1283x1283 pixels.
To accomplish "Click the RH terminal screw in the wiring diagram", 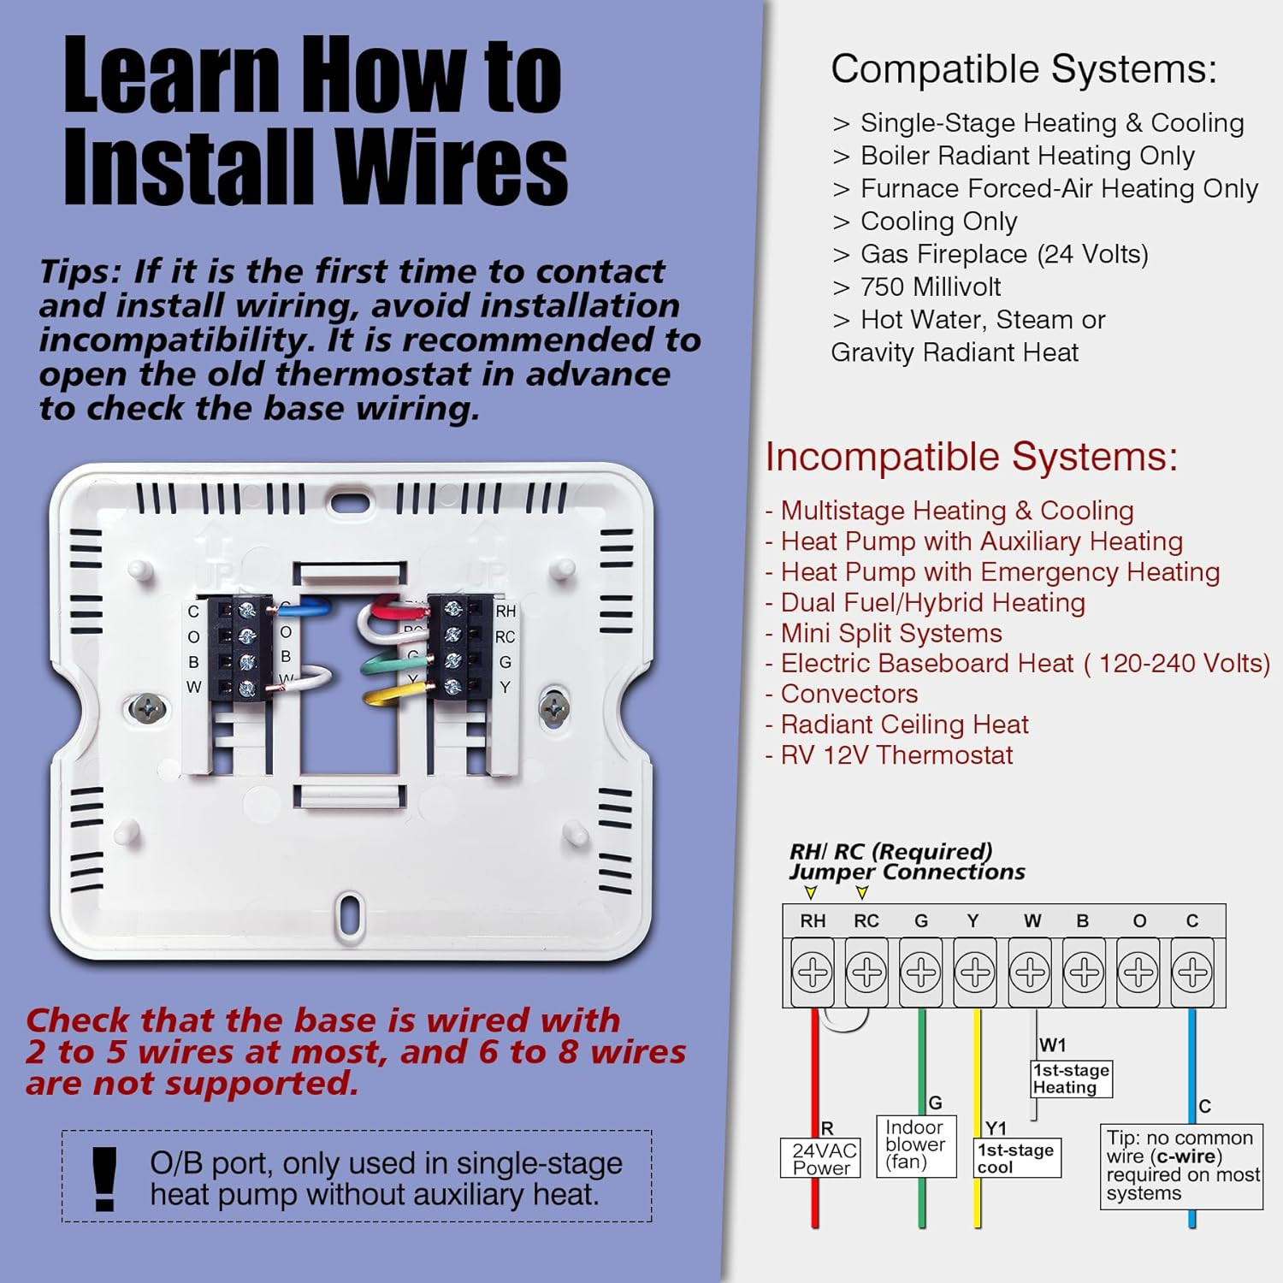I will click(x=812, y=973).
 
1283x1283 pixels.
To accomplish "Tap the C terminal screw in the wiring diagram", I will click(x=1191, y=973).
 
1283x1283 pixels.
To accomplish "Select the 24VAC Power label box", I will click(x=820, y=1159).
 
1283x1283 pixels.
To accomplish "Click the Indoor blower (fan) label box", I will click(x=915, y=1145).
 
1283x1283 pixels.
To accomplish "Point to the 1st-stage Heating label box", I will click(x=1071, y=1079).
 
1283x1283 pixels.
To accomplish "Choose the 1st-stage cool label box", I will click(x=1017, y=1158).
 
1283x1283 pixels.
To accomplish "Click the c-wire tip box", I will click(x=1181, y=1166).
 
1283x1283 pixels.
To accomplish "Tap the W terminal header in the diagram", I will click(x=1032, y=921).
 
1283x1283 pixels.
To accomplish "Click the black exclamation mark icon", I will click(x=104, y=1178).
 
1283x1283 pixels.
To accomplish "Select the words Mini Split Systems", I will click(x=890, y=633).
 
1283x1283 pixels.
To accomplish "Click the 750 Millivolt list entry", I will click(x=930, y=287).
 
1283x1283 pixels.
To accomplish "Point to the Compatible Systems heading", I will click(x=1023, y=69).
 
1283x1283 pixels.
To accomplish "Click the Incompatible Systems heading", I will click(x=971, y=457).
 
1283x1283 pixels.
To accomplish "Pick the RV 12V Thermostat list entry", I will click(x=896, y=755).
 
